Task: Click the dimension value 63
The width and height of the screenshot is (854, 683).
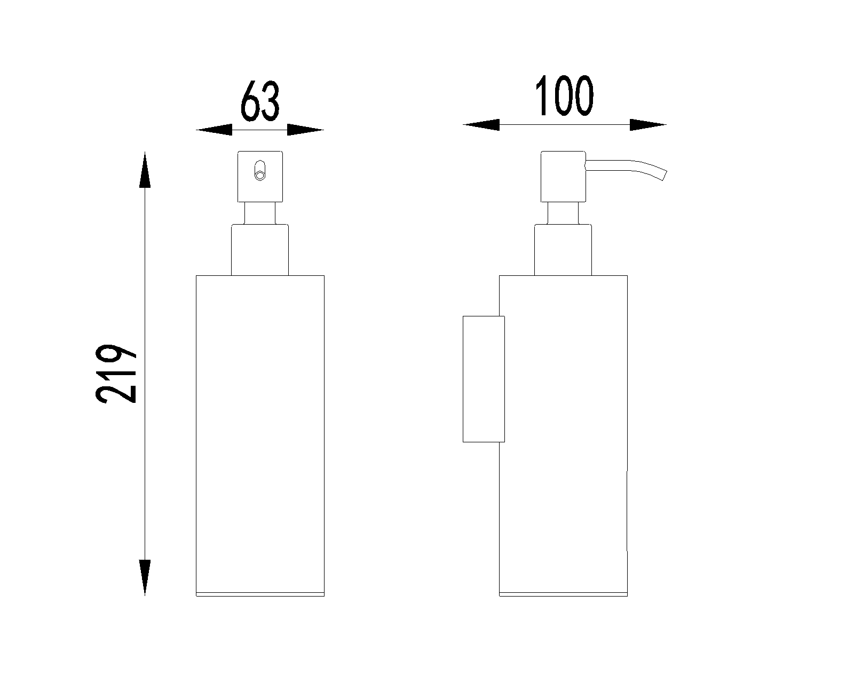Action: (x=260, y=101)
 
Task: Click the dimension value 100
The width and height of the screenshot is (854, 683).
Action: (x=564, y=96)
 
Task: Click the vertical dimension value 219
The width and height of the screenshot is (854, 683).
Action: (x=115, y=374)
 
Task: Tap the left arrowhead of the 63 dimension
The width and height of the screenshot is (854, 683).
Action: (x=214, y=130)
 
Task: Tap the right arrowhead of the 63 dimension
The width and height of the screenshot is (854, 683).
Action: (x=305, y=130)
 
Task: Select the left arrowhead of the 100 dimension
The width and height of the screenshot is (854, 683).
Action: (x=481, y=125)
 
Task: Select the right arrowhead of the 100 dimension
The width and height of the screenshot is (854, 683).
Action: (x=648, y=125)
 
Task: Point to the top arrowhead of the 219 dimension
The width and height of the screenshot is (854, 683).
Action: (x=145, y=170)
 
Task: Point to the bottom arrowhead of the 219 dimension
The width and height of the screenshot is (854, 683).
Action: (x=145, y=578)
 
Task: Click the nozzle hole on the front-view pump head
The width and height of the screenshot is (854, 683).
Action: (x=260, y=170)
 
